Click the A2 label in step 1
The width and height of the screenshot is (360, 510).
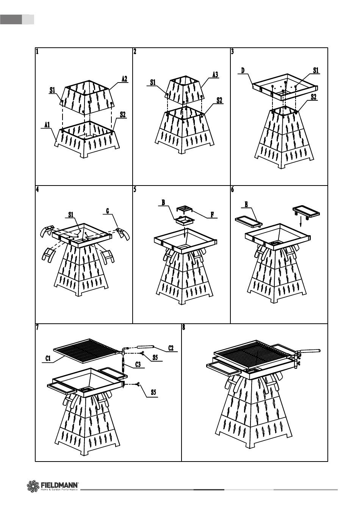click(x=124, y=79)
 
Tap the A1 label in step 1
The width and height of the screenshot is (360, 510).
click(x=47, y=124)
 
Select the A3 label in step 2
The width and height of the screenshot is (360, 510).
click(x=215, y=75)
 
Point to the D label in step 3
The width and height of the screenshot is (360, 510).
click(x=243, y=70)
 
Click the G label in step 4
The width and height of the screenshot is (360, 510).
click(x=108, y=211)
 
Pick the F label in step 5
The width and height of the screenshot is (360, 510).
click(x=213, y=214)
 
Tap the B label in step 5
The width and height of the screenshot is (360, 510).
click(x=163, y=203)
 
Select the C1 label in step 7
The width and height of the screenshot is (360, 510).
click(x=48, y=358)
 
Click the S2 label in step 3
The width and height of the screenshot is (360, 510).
click(x=313, y=97)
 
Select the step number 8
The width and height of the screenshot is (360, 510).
click(x=184, y=328)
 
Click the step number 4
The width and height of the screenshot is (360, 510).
click(x=37, y=190)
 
